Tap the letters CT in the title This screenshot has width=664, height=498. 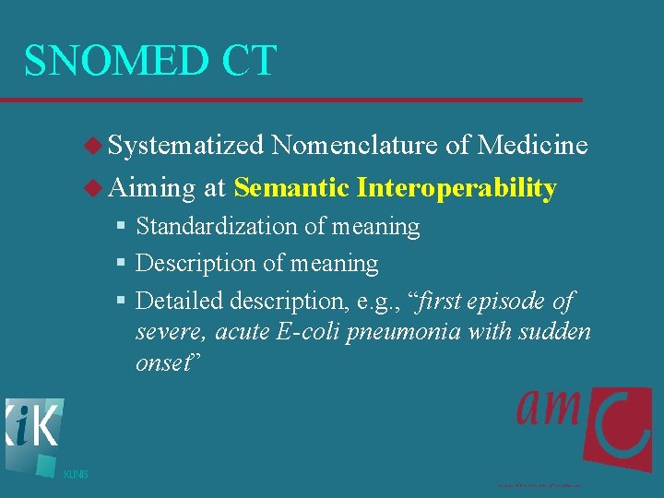point(247,61)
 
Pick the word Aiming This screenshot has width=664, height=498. point(152,188)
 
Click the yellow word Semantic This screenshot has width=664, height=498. point(290,188)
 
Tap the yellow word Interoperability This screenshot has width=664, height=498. point(456,188)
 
